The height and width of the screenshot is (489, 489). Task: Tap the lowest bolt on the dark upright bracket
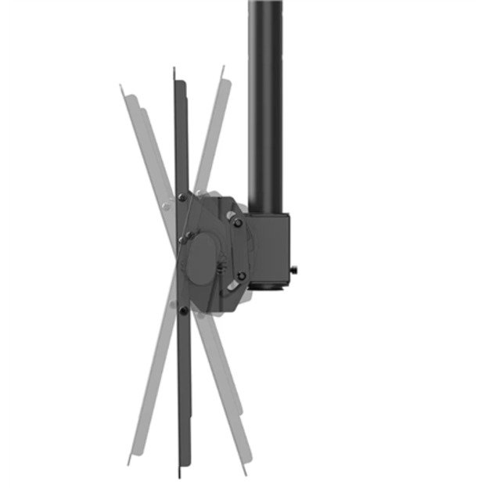[x=182, y=311]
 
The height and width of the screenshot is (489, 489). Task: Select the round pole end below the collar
[x=268, y=287]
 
